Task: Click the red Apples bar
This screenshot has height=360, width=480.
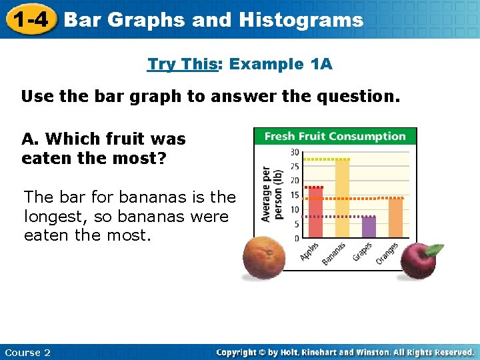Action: pyautogui.click(x=315, y=213)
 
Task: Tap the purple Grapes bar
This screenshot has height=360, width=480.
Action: pyautogui.click(x=369, y=227)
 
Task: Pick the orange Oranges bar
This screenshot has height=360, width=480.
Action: pyautogui.click(x=395, y=218)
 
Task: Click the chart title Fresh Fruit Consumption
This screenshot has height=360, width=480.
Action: pyautogui.click(x=335, y=137)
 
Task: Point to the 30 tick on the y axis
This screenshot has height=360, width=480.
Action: pyautogui.click(x=294, y=153)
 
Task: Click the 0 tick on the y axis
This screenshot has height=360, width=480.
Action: pyautogui.click(x=296, y=238)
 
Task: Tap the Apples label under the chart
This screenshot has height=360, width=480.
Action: pyautogui.click(x=309, y=251)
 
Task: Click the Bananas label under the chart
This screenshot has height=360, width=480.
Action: pyautogui.click(x=334, y=255)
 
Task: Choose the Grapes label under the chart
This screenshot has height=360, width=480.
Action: pyautogui.click(x=363, y=252)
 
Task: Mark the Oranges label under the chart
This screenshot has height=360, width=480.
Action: pyautogui.click(x=387, y=254)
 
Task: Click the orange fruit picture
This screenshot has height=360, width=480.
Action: pyautogui.click(x=263, y=259)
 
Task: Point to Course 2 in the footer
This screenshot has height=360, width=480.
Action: pyautogui.click(x=27, y=352)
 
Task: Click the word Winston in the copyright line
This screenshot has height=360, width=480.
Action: pyautogui.click(x=377, y=352)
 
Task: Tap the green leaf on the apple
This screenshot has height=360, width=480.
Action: pyautogui.click(x=433, y=249)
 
